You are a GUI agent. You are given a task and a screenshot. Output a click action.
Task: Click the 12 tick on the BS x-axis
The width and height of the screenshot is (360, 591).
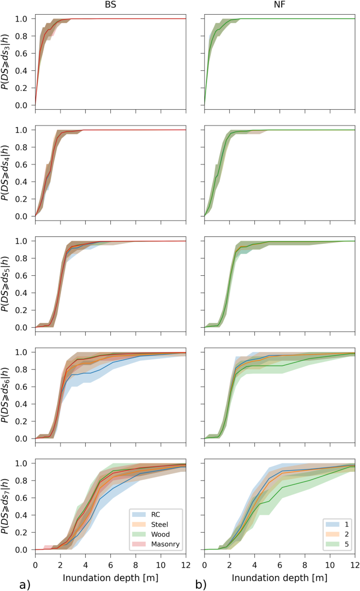pyautogui.click(x=185, y=564)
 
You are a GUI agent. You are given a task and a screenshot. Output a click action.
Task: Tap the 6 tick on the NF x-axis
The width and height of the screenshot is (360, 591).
pyautogui.click(x=280, y=564)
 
